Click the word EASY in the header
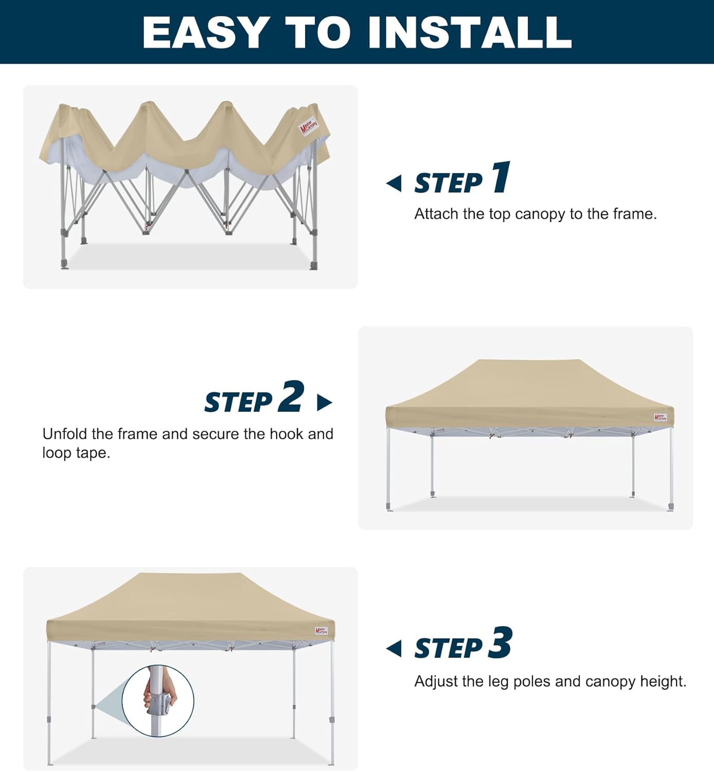pos(206,32)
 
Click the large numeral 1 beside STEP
pos(501,178)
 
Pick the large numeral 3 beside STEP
pos(500,643)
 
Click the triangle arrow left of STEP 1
pos(394,183)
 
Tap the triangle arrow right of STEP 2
pos(324,402)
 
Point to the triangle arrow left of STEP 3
pos(394,648)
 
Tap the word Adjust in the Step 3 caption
pos(436,681)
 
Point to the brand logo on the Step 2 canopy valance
pos(660,417)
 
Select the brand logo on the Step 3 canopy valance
pos(321,630)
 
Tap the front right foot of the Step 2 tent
pos(671,507)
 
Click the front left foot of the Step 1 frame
pos(64,265)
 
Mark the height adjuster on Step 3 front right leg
pos(332,720)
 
